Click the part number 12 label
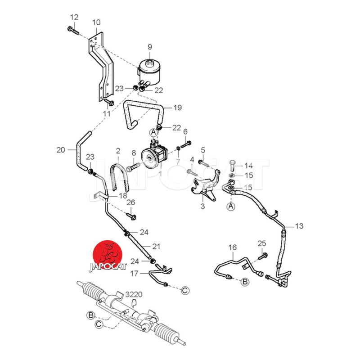click(x=74, y=17)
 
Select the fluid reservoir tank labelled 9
click(x=151, y=67)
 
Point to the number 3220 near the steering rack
click(x=134, y=295)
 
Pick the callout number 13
click(x=299, y=225)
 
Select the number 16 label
click(x=232, y=247)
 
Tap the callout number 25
click(x=262, y=243)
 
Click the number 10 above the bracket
click(x=97, y=22)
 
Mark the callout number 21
click(x=156, y=246)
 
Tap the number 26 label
click(x=131, y=202)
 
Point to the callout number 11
click(x=106, y=114)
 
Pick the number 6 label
click(x=184, y=131)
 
